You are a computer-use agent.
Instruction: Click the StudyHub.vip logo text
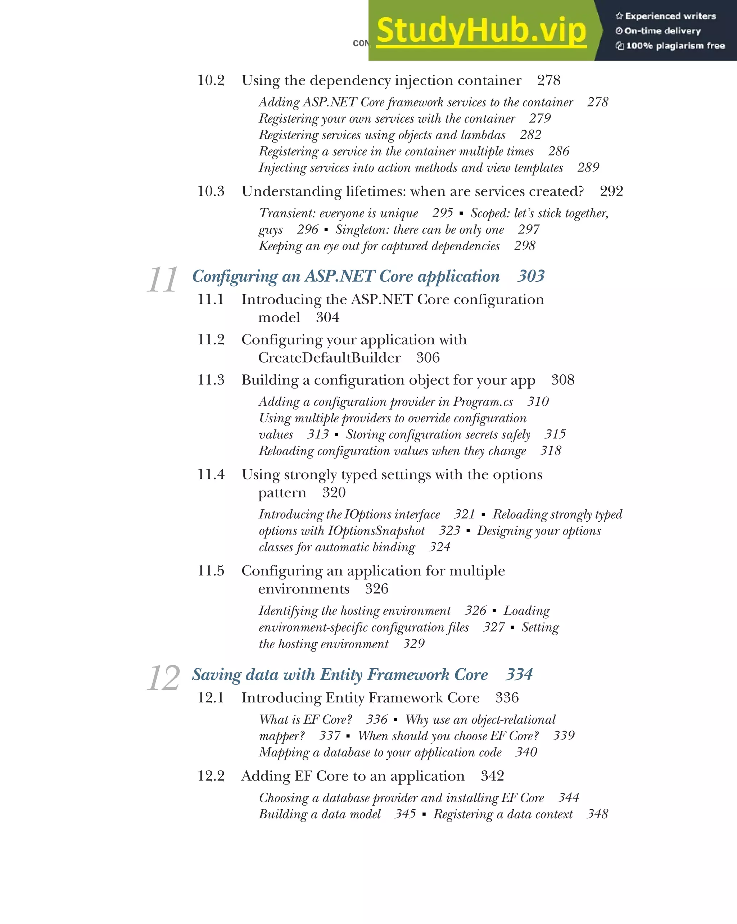(481, 31)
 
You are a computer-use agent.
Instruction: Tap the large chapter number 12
(163, 678)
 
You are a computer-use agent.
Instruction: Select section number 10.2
(211, 81)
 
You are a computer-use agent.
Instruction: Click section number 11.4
(211, 474)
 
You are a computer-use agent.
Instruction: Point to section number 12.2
(211, 776)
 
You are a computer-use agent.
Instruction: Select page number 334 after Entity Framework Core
(519, 675)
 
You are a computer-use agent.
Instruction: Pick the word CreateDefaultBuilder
(329, 358)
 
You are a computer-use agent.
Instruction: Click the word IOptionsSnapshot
(376, 531)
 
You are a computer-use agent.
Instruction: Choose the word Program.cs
(483, 402)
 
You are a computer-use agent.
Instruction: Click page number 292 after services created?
(611, 191)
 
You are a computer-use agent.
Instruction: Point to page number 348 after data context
(597, 814)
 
